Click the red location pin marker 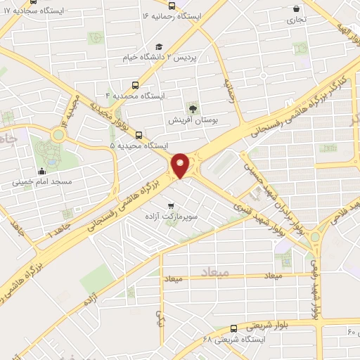pos(180,165)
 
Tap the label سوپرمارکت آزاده pos(172,219)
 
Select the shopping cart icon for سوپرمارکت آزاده pos(171,205)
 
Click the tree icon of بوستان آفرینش pos(192,107)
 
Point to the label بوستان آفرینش pos(191,120)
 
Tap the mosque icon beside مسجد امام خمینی pos(42,170)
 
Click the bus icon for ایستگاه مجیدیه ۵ pos(137,134)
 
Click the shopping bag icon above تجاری pos(297,9)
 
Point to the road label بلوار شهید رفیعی pos(318,288)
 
